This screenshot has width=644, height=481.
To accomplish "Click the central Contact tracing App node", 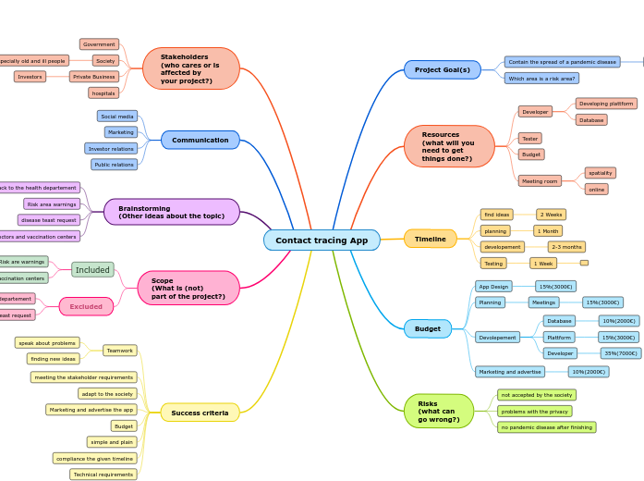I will pos(322,240).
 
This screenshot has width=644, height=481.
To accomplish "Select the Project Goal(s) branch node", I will pos(442,70).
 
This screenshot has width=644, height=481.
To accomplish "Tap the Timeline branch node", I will pos(430,240).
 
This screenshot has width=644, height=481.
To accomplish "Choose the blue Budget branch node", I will pos(428,328).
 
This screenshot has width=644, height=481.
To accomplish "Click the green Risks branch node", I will pos(438,411).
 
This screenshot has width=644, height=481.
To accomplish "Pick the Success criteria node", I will pos(200,413).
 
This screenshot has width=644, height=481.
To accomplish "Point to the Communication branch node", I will pos(200,140).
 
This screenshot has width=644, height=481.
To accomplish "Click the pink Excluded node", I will pos(86,306).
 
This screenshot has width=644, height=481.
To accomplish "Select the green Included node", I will pos(92,270).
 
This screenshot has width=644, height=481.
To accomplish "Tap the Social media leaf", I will pos(117,117).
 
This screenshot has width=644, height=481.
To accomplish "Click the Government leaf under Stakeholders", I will pos(99,44).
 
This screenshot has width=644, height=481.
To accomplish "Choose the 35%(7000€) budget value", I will pos(620,353).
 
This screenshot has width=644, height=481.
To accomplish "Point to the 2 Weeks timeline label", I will pos(551,215).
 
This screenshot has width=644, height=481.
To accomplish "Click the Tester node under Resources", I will pos(530,139).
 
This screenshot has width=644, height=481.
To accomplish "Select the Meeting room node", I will pos(540,181).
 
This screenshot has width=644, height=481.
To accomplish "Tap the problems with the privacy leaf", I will pos(534,411).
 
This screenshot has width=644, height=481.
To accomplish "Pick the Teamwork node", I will pos(120,351).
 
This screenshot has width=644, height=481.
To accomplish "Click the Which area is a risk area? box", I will pos(541,79).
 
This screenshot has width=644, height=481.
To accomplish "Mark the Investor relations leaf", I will pos(111,148).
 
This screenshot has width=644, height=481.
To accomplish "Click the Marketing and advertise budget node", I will pos(510,372).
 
